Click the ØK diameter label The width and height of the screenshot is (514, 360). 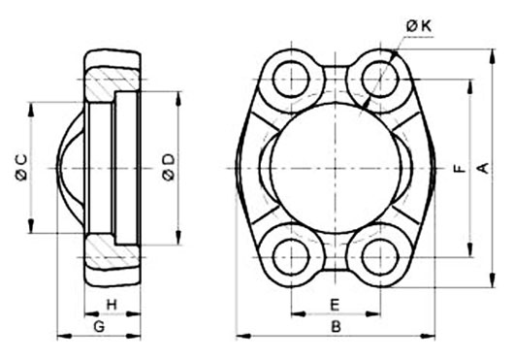[x=419, y=26]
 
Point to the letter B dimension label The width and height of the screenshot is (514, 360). [x=336, y=326]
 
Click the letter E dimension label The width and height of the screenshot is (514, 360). [x=334, y=305]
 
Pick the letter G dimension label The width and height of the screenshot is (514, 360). [x=99, y=326]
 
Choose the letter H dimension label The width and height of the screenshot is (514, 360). [x=112, y=305]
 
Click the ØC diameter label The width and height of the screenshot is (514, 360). [x=21, y=168]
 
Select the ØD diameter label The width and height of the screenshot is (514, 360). [x=169, y=168]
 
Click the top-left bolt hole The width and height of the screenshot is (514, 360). [x=291, y=79]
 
